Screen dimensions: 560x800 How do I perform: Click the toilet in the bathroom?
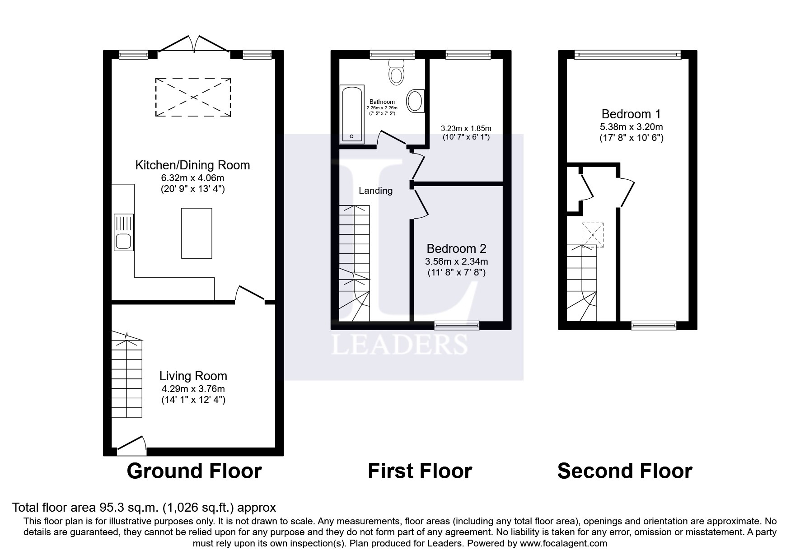coord(396,73)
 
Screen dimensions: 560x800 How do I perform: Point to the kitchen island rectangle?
coord(196,233)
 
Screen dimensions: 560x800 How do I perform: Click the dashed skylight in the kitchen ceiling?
coord(193,97)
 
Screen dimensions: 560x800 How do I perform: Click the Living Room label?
coord(193,376)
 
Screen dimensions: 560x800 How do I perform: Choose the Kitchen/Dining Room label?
coord(192,165)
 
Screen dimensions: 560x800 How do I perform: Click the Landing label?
coord(375,191)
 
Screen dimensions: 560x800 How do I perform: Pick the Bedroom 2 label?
coord(456,248)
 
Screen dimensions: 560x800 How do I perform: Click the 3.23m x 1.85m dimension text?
coord(466,128)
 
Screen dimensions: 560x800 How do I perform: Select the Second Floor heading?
coord(624,471)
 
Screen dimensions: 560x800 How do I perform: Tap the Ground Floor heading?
coord(194,471)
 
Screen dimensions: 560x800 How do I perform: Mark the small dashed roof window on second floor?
coord(593,235)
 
